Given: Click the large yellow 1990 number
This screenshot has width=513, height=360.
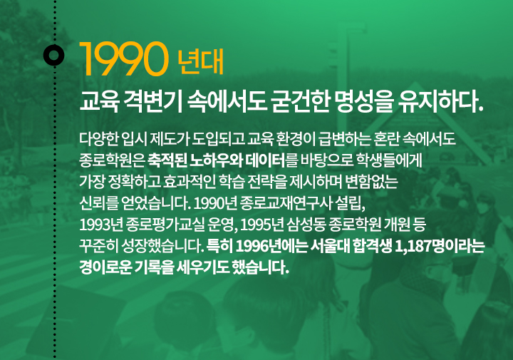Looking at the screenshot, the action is tap(124, 59).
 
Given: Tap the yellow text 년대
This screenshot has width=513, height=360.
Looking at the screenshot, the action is tap(200, 61).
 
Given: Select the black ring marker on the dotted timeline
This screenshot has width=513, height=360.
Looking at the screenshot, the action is tap(54, 55).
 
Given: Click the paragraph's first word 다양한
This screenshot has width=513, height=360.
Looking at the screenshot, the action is tap(99, 139).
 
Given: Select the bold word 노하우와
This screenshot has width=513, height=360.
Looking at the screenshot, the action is tap(216, 160).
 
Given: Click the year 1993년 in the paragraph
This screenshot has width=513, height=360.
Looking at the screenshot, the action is tap(100, 225).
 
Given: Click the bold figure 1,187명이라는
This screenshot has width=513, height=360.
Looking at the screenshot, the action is tap(440, 247).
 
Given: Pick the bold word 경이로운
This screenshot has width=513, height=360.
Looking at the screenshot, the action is tap(105, 268).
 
